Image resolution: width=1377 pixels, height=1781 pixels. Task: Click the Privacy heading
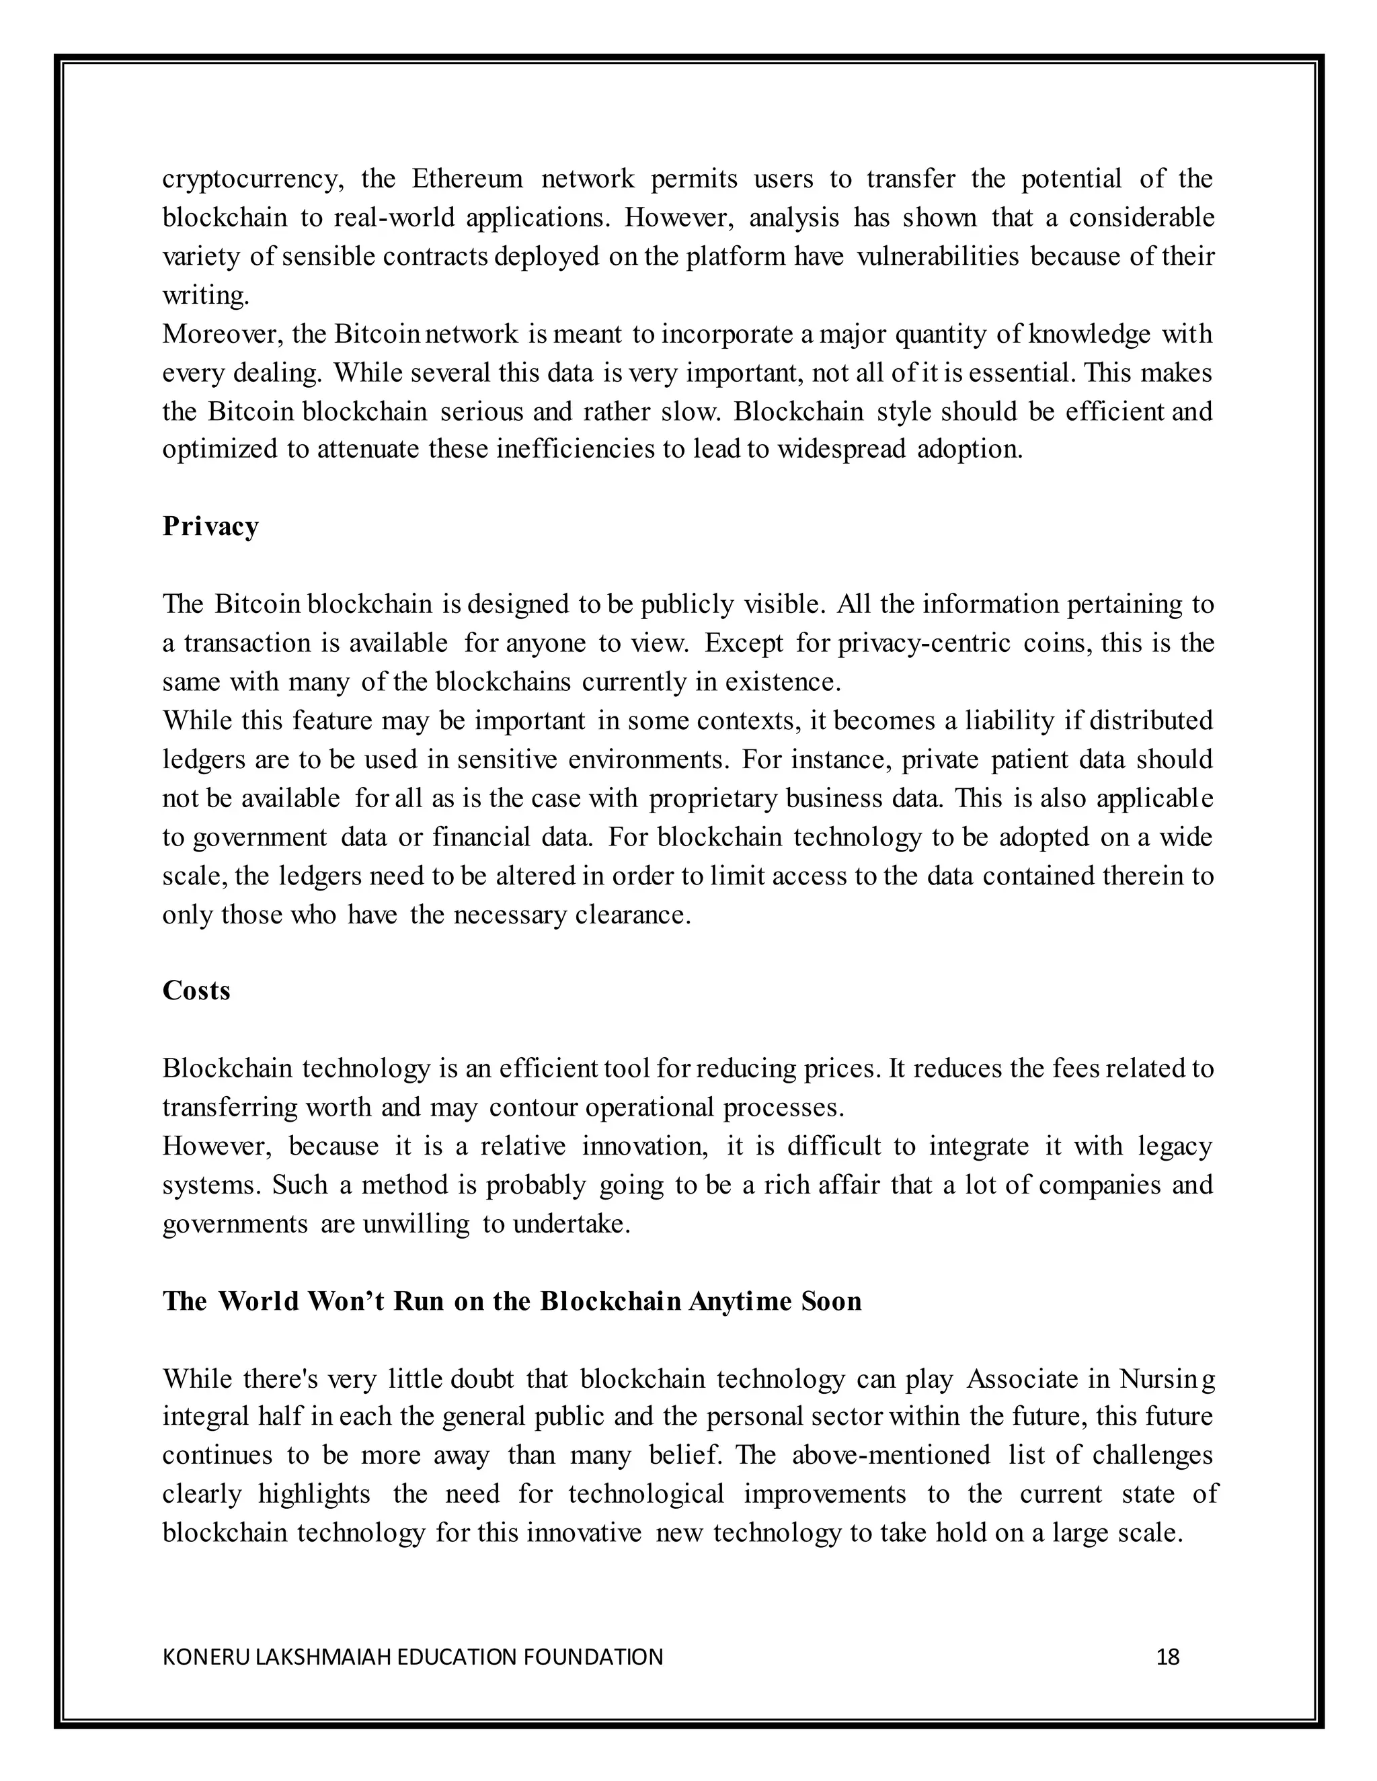pyautogui.click(x=210, y=527)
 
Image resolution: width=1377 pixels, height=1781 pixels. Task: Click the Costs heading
pyautogui.click(x=196, y=991)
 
